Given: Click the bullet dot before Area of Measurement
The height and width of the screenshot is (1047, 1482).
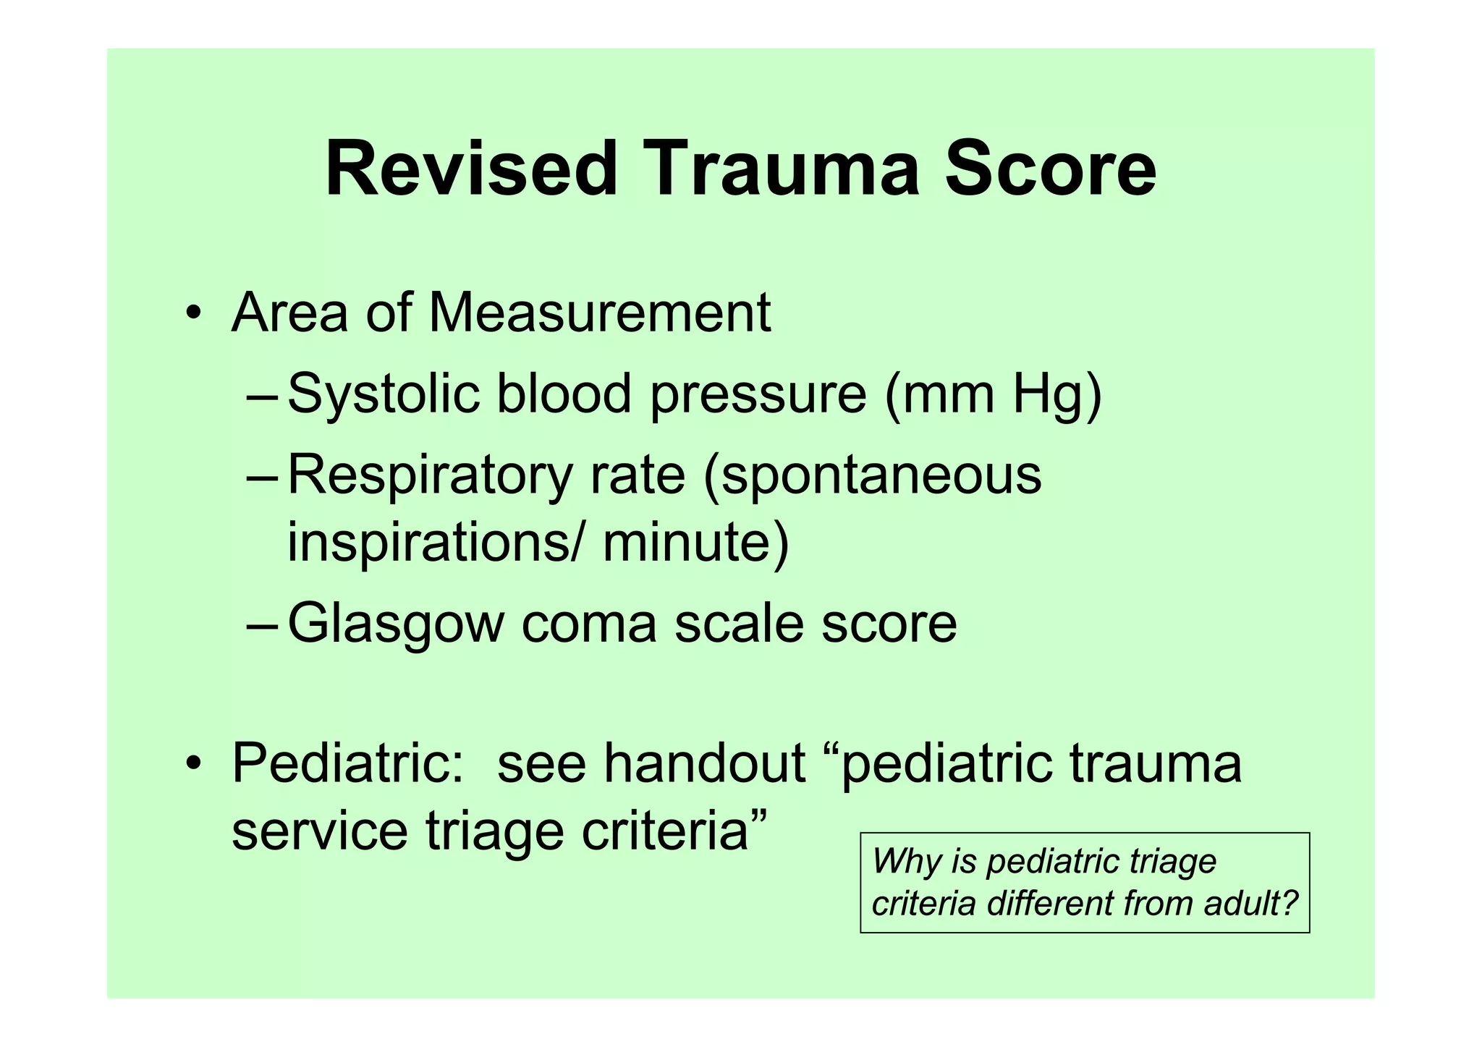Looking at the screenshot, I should tap(192, 314).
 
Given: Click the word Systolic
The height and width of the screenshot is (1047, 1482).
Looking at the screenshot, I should tap(384, 394).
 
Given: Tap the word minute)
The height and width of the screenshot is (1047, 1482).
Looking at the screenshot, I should tap(695, 543).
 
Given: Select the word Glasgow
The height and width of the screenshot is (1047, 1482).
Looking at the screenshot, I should tap(396, 624).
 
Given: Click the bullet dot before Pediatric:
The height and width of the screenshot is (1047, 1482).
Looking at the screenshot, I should tap(192, 764).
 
